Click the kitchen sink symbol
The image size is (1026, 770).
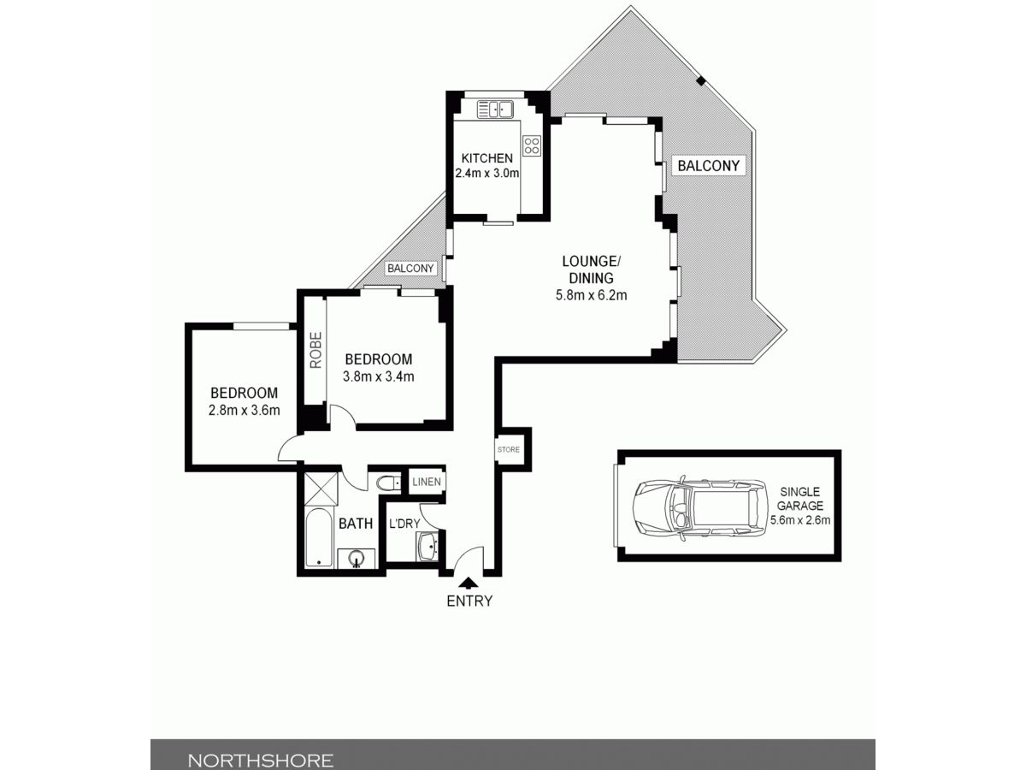pos(495,110)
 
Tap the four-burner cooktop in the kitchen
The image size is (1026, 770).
pos(532,145)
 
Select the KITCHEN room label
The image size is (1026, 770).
pos(487,158)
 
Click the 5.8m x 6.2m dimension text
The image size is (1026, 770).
pos(592,295)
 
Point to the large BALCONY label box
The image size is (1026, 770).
pos(709,165)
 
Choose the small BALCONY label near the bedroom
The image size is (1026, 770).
pos(410,269)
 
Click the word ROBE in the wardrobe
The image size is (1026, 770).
pos(316,350)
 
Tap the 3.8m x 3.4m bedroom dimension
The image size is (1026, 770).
pos(379,376)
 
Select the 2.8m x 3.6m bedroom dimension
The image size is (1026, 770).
pos(244,410)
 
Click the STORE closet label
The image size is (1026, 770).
pos(509,449)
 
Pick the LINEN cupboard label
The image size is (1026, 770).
pos(427,482)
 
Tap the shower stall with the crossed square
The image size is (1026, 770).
pos(321,489)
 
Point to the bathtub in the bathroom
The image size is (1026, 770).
pos(319,538)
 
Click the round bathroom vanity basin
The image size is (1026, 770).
pos(357,558)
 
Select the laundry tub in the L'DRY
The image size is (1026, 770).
pos(427,546)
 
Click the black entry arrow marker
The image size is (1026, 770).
pos(469,583)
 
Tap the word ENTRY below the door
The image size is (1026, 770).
pos(469,601)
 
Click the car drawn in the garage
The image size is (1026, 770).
pos(699,507)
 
